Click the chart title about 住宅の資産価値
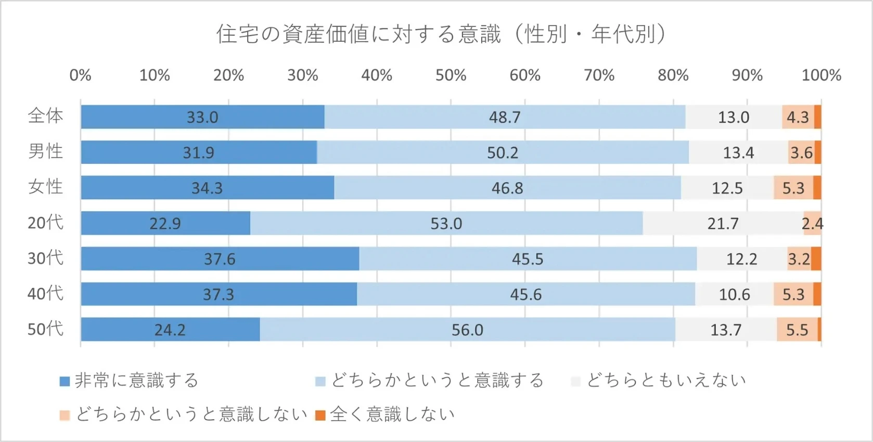(x=441, y=34)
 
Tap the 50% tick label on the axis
(x=451, y=75)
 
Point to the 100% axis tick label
(x=821, y=75)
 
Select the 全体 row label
(x=46, y=116)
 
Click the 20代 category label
(x=46, y=223)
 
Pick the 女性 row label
(x=46, y=187)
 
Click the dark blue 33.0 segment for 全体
(x=202, y=117)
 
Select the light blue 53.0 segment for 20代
(x=446, y=224)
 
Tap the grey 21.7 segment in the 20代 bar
(x=723, y=224)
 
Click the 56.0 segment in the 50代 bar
(x=467, y=330)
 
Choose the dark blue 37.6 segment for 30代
(x=220, y=259)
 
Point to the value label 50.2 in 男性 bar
(x=503, y=153)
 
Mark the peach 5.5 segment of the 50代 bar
(x=797, y=330)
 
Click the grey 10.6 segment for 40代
(x=734, y=295)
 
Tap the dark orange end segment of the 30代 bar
(x=816, y=259)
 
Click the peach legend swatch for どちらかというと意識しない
(x=65, y=415)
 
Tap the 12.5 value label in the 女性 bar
(x=727, y=188)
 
